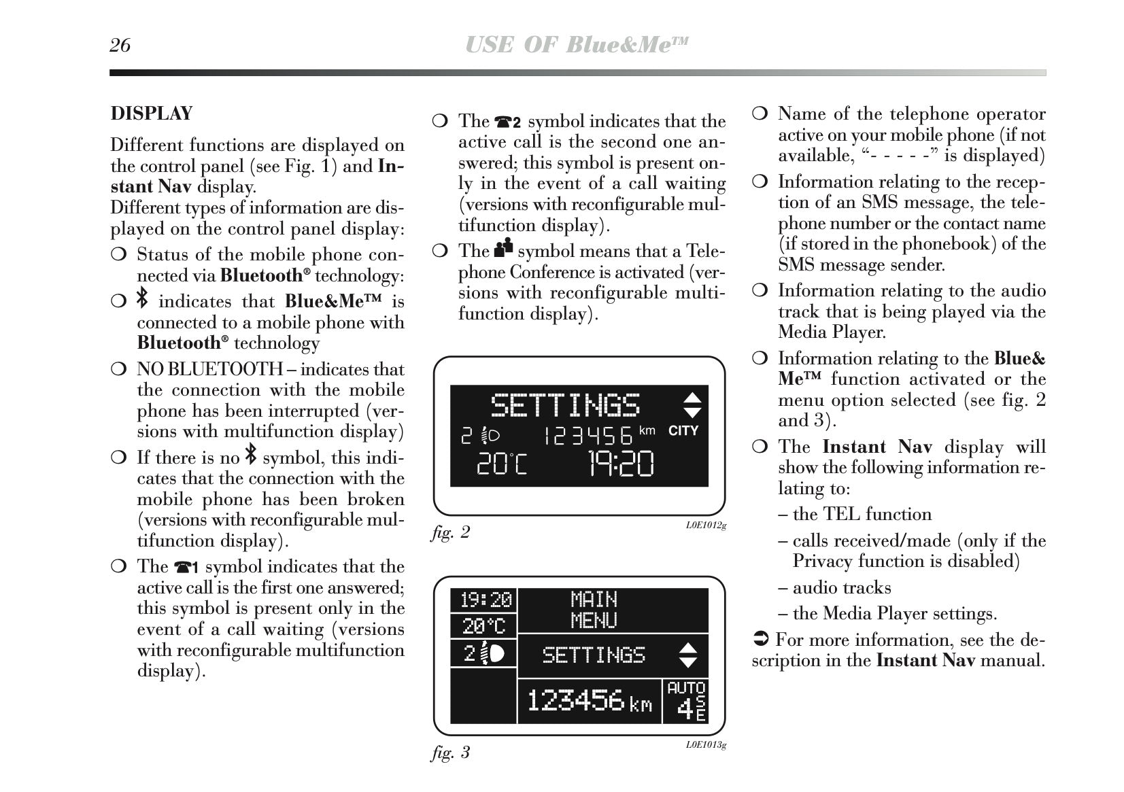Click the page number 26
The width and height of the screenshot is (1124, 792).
[x=120, y=45]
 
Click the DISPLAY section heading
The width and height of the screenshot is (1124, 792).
[x=152, y=113]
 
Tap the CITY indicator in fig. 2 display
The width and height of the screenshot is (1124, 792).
[x=683, y=430]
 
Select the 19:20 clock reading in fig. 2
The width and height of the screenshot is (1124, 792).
[x=620, y=464]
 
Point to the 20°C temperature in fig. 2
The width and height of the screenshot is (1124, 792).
[x=500, y=464]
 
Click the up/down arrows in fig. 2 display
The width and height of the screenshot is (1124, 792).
[x=692, y=404]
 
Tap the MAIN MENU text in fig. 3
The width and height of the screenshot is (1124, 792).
[x=594, y=610]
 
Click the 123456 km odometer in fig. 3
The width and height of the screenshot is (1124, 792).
[x=589, y=701]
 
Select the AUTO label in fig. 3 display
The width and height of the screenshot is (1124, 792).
[x=686, y=688]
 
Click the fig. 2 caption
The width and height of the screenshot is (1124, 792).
[x=450, y=532]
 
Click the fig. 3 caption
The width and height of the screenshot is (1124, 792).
[x=450, y=753]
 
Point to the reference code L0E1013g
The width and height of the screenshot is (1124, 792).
[x=706, y=745]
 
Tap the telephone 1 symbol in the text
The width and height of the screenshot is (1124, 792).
[x=186, y=567]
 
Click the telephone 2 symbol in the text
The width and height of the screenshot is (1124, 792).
[x=507, y=122]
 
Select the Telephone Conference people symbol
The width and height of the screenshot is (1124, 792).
[x=503, y=248]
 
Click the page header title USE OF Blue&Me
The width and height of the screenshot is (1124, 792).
[x=577, y=45]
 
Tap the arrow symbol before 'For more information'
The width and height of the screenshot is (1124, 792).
[x=761, y=640]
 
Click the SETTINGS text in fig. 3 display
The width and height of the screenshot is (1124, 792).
[x=593, y=655]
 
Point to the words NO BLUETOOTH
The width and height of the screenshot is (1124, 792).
[x=209, y=369]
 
